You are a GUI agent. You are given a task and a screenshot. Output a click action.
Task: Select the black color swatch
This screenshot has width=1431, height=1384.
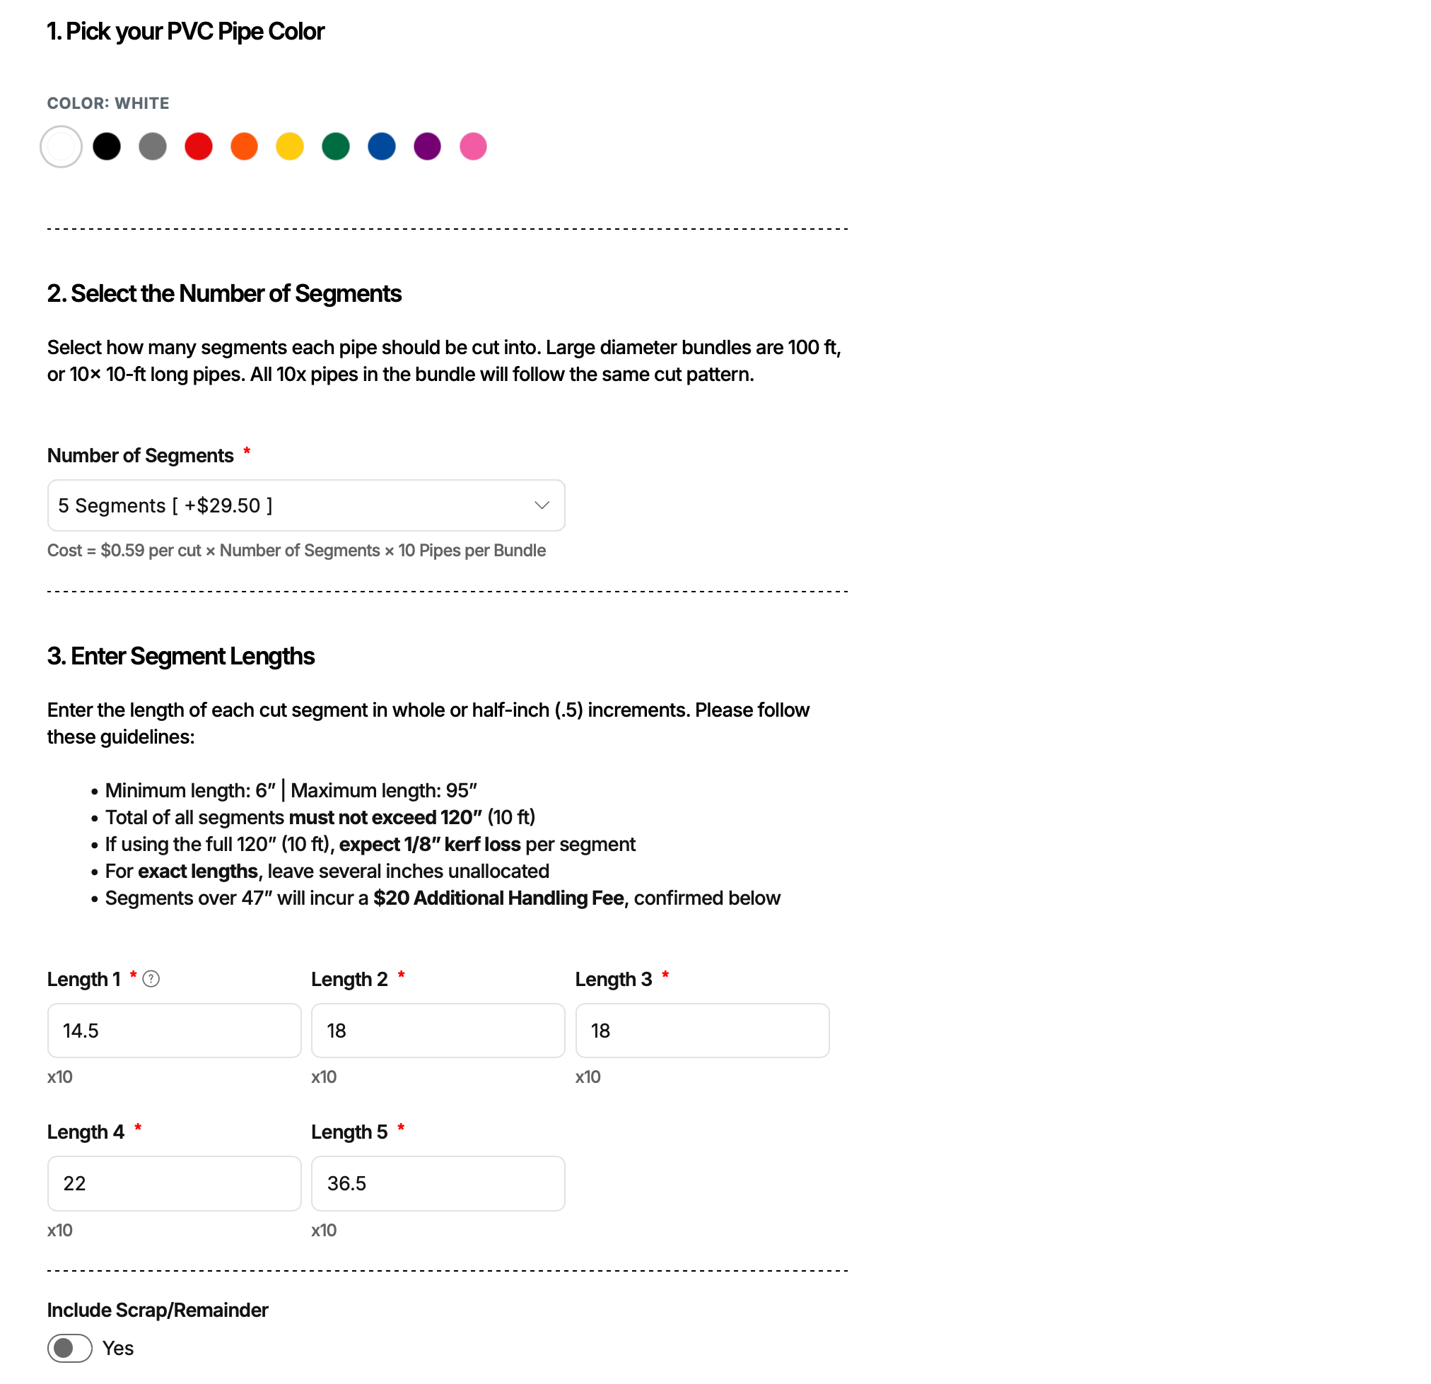(x=107, y=147)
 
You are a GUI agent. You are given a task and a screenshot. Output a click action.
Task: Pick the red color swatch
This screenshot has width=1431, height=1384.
(x=199, y=147)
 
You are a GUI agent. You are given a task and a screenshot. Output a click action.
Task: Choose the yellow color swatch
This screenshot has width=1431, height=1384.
(x=290, y=147)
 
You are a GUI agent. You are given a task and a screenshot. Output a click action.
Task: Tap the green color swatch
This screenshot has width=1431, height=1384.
(x=336, y=147)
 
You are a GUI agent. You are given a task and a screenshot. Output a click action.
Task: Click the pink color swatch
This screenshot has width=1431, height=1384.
(x=473, y=147)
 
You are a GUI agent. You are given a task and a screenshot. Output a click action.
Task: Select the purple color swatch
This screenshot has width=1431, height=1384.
(x=427, y=147)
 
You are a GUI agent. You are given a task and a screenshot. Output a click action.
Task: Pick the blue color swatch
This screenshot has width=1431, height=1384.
(x=382, y=147)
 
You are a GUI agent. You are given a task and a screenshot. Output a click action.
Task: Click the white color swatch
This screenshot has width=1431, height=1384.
(x=62, y=147)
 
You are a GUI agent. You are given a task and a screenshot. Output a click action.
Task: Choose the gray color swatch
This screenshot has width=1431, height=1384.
(x=153, y=147)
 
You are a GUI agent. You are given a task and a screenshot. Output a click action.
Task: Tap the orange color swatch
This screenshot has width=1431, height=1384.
(x=245, y=147)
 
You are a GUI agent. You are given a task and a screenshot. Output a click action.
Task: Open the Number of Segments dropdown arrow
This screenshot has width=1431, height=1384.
(x=542, y=506)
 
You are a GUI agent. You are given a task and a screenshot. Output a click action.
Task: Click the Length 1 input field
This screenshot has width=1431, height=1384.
(x=175, y=1031)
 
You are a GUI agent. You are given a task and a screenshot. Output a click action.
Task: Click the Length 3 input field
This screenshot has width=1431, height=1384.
(x=702, y=1031)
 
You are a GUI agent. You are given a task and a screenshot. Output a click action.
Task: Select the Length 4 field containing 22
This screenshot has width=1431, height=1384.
(x=175, y=1183)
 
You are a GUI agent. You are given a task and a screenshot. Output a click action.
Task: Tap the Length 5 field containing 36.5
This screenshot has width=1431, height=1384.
(x=438, y=1183)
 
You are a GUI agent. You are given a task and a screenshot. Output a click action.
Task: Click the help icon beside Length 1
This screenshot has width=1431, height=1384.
(x=151, y=979)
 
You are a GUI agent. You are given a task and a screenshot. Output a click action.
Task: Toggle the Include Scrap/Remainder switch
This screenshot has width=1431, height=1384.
(x=70, y=1348)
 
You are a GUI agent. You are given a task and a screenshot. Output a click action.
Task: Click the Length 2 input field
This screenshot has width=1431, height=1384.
(x=438, y=1031)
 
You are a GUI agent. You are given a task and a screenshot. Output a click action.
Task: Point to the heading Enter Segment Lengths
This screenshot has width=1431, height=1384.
(x=181, y=656)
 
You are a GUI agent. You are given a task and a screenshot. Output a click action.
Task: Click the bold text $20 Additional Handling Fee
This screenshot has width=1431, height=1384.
(x=498, y=898)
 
